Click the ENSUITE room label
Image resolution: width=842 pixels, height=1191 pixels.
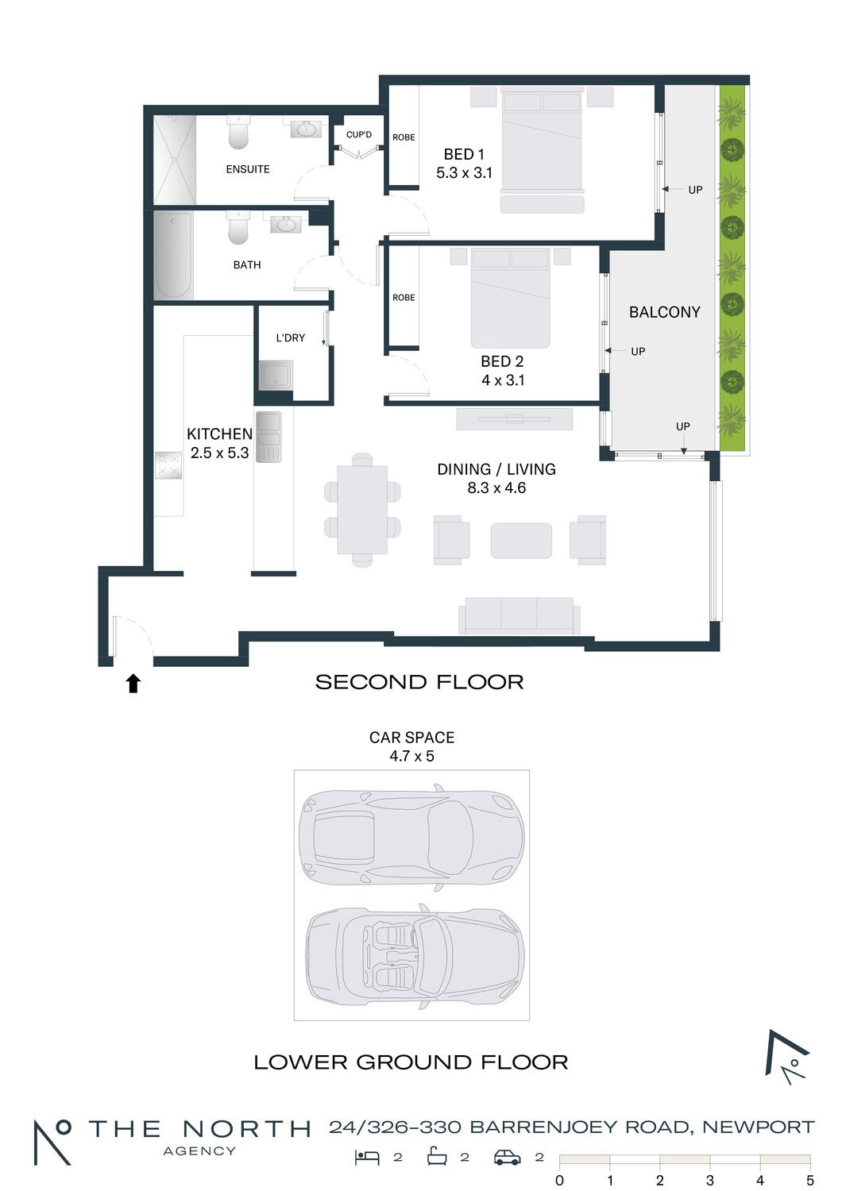tap(248, 169)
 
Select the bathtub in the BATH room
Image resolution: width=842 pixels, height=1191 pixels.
tap(173, 256)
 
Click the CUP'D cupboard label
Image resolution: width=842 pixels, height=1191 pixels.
tap(359, 134)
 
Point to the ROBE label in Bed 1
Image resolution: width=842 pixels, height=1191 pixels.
tap(404, 137)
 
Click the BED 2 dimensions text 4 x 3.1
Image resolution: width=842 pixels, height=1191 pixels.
tap(503, 380)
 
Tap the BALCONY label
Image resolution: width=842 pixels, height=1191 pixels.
tap(664, 312)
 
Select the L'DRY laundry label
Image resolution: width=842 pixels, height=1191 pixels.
tap(291, 337)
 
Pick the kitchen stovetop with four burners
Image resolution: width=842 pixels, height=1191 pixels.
tap(168, 465)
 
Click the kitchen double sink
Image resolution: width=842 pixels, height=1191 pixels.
tap(268, 437)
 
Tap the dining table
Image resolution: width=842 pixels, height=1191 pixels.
tap(362, 510)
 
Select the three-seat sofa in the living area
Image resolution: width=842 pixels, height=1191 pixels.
tap(519, 615)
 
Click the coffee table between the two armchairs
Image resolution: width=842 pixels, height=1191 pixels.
tap(521, 541)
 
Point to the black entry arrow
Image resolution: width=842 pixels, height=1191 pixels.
tap(133, 683)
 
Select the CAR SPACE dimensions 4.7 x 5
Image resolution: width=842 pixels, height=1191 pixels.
tap(411, 756)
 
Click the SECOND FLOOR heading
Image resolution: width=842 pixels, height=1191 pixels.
tap(419, 682)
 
